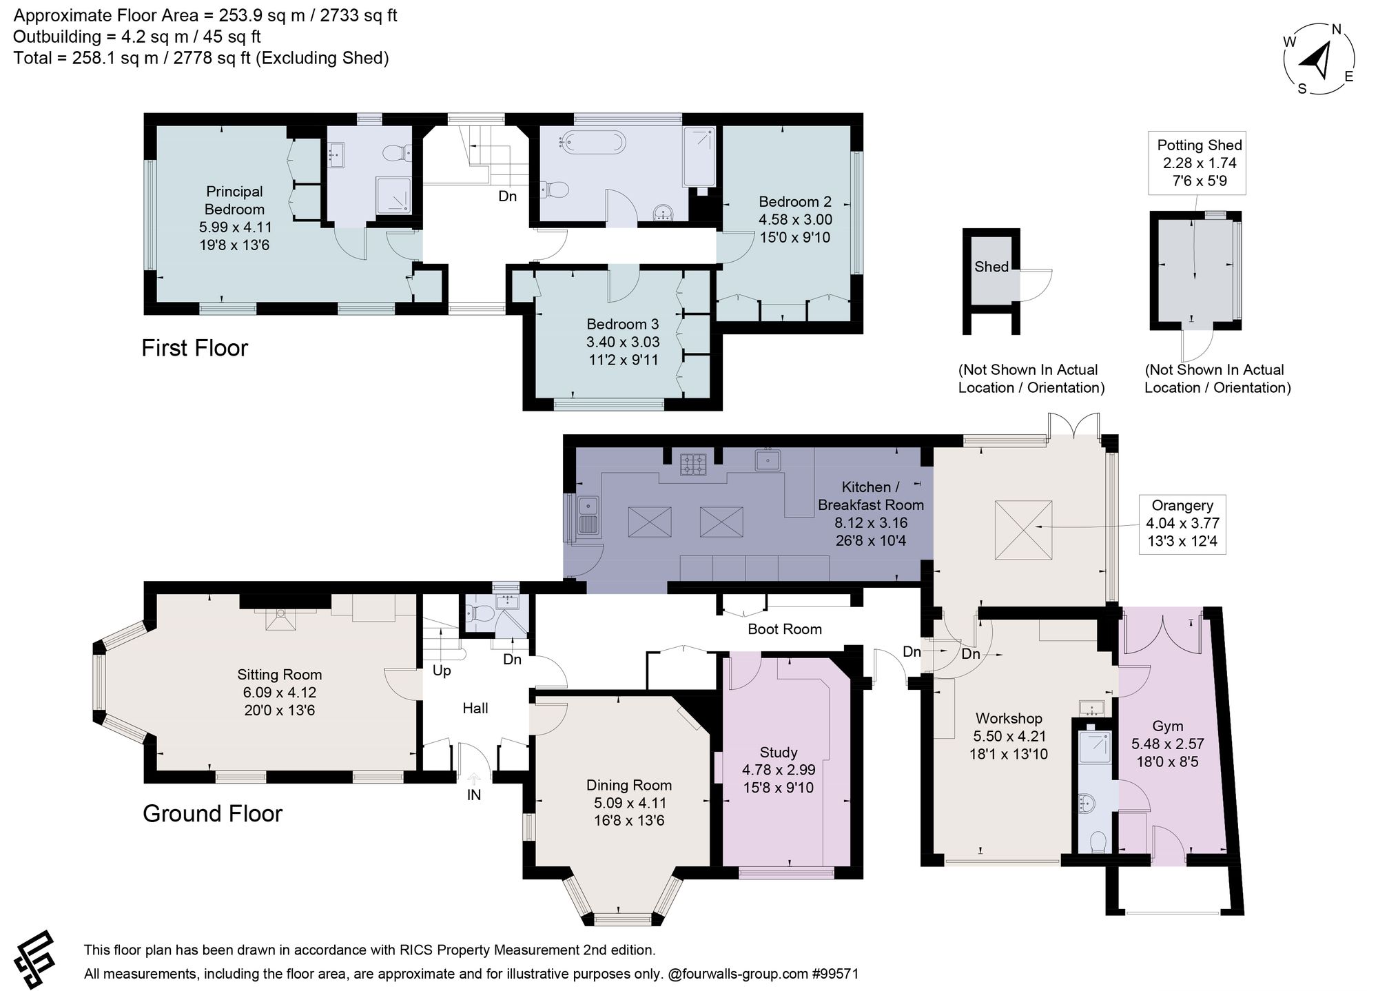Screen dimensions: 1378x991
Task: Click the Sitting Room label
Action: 280,675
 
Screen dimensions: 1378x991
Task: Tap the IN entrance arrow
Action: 474,779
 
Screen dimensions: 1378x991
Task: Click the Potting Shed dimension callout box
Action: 1200,163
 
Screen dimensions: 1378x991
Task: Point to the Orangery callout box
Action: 1182,523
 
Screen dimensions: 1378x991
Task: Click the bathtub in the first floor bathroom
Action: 593,143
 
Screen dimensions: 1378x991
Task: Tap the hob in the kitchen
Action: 692,464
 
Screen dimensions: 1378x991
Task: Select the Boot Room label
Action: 785,629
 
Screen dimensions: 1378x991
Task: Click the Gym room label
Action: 1167,726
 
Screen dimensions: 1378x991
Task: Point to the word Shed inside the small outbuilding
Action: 991,267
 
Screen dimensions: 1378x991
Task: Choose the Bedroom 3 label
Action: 623,324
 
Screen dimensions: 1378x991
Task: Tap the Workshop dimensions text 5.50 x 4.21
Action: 1009,736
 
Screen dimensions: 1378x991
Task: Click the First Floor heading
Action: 194,348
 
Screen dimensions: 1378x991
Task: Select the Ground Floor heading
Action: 212,814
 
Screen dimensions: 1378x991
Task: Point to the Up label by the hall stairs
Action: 442,671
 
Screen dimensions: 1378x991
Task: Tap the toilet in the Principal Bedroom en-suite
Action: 397,152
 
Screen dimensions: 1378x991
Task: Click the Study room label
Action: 779,753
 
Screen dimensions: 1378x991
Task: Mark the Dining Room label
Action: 629,785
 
